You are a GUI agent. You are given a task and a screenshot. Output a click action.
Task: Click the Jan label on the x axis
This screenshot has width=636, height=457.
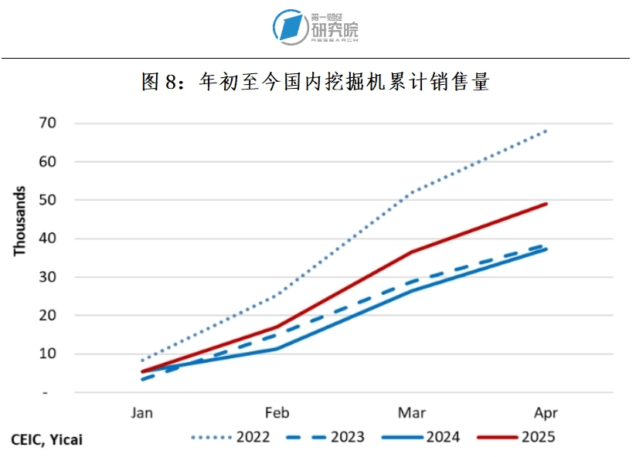click(142, 413)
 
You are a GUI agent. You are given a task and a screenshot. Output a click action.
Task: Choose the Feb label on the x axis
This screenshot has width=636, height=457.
click(277, 413)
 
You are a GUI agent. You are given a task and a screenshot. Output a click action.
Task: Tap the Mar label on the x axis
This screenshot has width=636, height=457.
click(412, 413)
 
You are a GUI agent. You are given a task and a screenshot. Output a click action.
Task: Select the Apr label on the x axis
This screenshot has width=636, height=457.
click(546, 413)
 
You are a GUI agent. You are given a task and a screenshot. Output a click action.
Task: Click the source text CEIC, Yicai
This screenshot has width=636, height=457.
click(46, 440)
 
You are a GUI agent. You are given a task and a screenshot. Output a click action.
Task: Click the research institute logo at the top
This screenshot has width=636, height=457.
click(316, 27)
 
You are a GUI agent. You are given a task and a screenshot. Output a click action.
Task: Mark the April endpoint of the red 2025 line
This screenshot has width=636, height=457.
click(546, 204)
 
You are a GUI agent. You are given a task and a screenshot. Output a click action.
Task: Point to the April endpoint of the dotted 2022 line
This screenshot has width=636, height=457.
click(546, 131)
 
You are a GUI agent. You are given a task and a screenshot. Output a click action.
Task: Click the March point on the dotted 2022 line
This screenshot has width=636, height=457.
click(412, 192)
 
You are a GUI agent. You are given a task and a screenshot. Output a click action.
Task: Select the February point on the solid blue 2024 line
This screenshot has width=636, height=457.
click(277, 349)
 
